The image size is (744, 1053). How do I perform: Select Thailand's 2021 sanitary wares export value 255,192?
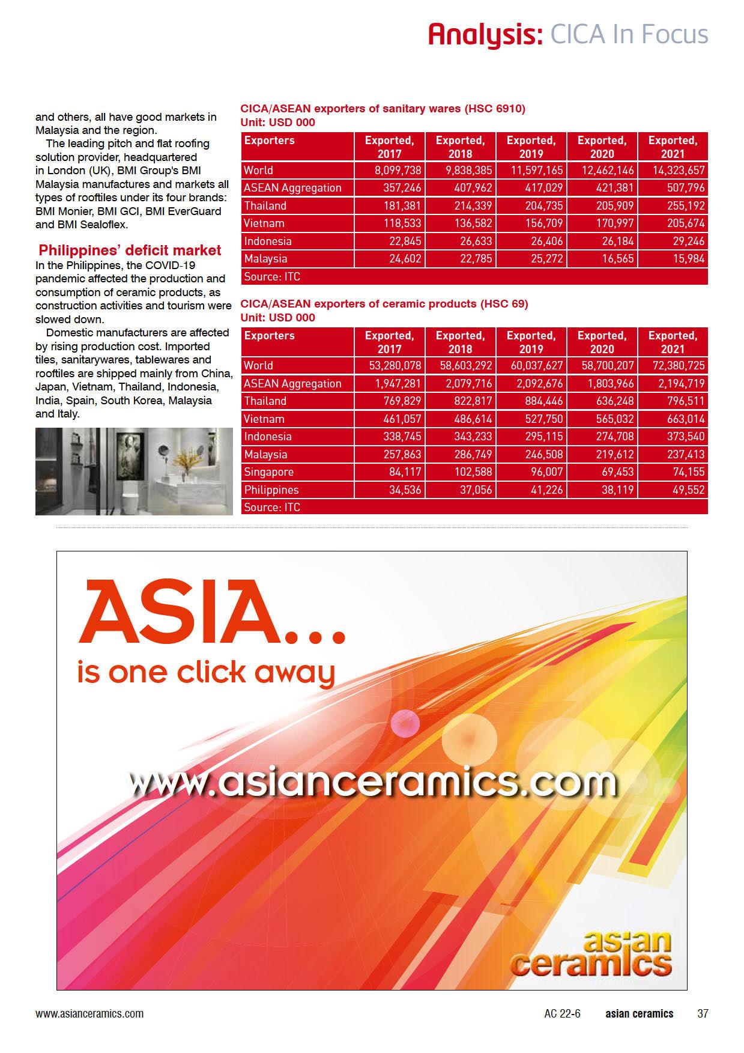(680, 206)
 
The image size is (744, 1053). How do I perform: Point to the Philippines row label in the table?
(271, 490)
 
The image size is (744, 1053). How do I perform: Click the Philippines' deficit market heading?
(130, 250)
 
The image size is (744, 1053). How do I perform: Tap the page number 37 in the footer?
(703, 1013)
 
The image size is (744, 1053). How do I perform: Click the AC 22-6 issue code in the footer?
(562, 1013)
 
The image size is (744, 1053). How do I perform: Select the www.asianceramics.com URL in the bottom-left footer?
(89, 1013)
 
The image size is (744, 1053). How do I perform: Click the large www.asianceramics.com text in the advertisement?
(372, 782)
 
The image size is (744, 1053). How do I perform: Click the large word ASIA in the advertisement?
(180, 613)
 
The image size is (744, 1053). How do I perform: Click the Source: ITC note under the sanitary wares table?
(272, 277)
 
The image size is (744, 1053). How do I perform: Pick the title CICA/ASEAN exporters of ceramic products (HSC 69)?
(384, 304)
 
